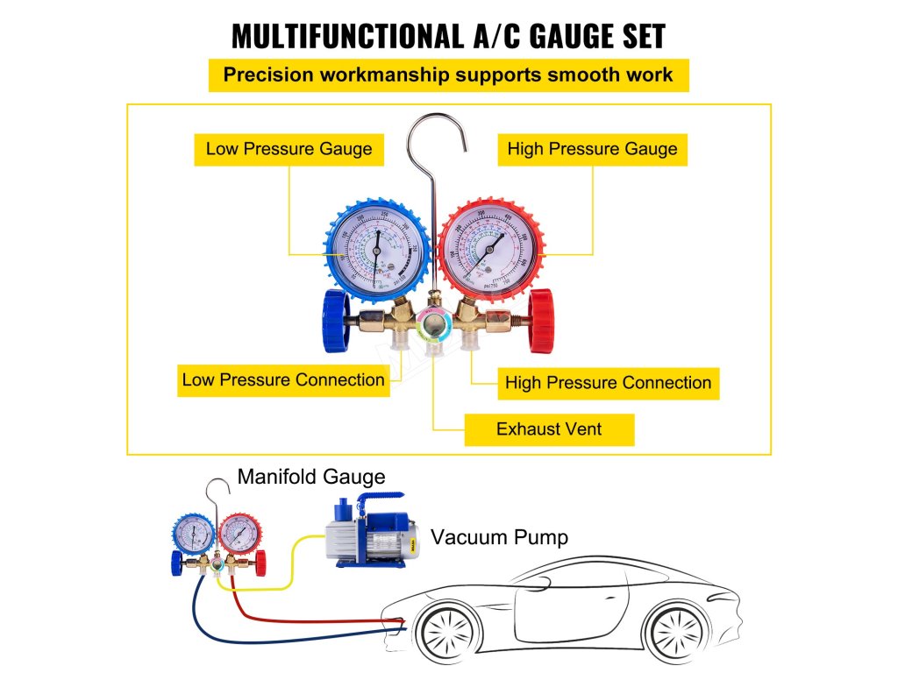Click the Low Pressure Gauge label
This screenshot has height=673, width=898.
(x=289, y=149)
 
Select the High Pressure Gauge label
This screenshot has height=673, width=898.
(x=592, y=149)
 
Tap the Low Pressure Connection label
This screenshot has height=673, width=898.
(x=283, y=380)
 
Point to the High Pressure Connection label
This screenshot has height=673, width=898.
(x=608, y=383)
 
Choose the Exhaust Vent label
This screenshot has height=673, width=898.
(x=549, y=429)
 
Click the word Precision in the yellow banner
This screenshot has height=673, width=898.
(x=266, y=74)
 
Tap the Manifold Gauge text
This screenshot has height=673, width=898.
(x=311, y=477)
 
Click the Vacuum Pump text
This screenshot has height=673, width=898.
(x=499, y=536)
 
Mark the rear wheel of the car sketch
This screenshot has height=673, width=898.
(x=676, y=631)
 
